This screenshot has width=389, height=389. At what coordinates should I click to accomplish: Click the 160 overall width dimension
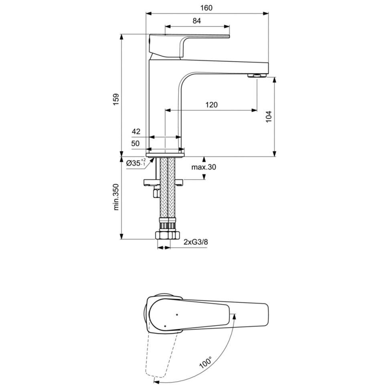pos(207,8)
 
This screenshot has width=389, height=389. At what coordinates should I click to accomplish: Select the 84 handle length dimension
pos(197,21)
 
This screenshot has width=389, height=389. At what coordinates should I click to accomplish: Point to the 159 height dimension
pos(116,99)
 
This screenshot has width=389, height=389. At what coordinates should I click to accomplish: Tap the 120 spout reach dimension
pos(211,105)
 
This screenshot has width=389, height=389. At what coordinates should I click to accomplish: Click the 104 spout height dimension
pos(269,117)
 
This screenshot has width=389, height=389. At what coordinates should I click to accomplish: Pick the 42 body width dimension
pos(136,131)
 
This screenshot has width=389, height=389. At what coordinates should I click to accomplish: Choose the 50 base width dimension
pos(136,144)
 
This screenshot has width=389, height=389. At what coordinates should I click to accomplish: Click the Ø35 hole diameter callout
pos(136,163)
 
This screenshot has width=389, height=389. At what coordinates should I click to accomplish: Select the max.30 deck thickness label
pos(204,167)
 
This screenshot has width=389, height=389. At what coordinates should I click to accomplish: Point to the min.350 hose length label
pos(116,197)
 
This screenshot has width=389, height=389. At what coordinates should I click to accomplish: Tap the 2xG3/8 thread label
pos(196,242)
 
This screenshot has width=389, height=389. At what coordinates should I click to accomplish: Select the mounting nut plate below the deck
pos(164,182)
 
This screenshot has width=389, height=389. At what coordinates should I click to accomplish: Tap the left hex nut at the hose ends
pos(162,235)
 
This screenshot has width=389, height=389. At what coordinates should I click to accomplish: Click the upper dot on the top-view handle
pos(177,315)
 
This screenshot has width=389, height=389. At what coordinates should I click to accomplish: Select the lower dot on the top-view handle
pos(165,326)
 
